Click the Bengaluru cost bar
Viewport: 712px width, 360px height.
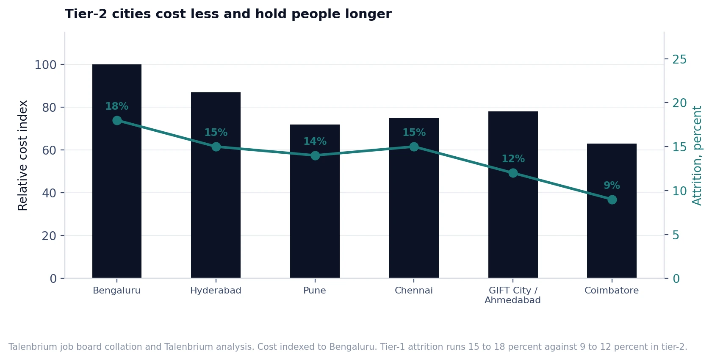(x=116, y=171)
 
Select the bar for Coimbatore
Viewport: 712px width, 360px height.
(x=612, y=211)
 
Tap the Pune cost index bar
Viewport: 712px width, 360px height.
(x=315, y=202)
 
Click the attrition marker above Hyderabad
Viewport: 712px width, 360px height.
(x=216, y=147)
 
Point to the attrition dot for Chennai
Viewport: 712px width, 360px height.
(x=414, y=147)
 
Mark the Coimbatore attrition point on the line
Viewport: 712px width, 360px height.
(x=612, y=200)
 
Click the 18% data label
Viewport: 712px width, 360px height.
(x=116, y=106)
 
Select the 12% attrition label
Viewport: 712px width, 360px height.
(x=513, y=158)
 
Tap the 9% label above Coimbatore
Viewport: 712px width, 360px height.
(x=612, y=185)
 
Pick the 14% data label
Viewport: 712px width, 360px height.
(x=315, y=141)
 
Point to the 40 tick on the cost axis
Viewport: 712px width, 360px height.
(x=49, y=193)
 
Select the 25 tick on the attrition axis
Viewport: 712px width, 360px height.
(x=679, y=59)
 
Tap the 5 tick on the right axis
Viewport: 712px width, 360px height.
(x=676, y=235)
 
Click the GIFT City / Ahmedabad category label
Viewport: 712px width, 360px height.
(x=513, y=295)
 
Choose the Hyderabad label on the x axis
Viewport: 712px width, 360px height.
(x=216, y=291)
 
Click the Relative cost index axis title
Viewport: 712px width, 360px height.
(x=22, y=155)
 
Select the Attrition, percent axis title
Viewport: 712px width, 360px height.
(x=696, y=156)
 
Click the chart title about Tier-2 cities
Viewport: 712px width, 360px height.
(x=228, y=14)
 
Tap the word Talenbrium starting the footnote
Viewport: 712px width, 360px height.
(x=33, y=346)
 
